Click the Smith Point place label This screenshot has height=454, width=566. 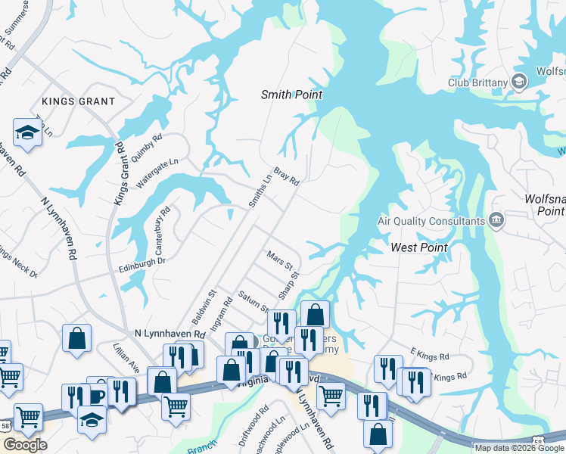(291, 95)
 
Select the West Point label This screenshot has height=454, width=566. (418, 247)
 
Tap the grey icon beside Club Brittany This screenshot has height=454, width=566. (520, 81)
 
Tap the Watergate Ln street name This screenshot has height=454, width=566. (157, 173)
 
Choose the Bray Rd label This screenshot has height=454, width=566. (287, 176)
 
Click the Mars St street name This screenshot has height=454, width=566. (279, 261)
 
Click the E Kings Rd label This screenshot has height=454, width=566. (430, 355)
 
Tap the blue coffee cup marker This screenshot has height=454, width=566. (98, 393)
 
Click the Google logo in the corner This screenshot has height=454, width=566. (25, 445)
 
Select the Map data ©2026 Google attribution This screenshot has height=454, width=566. (519, 448)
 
